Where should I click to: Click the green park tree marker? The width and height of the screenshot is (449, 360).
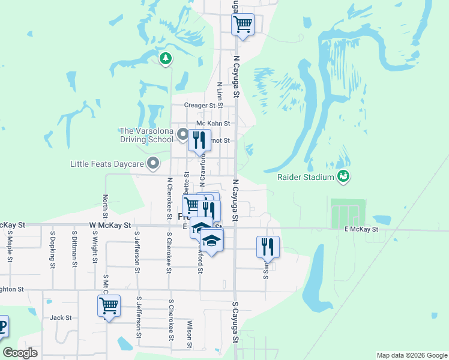point(166,58)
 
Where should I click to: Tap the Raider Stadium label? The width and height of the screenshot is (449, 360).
point(305,177)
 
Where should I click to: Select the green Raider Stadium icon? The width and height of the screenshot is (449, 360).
point(343,176)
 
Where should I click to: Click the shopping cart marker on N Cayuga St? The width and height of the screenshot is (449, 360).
point(243,25)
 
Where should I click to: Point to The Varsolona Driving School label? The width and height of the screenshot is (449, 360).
point(147,135)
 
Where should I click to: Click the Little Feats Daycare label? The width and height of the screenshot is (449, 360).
point(107,164)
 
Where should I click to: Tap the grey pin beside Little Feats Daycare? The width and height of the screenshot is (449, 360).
point(154,163)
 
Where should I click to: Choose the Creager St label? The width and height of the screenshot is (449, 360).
point(199,105)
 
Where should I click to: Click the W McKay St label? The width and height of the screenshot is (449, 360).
point(110,225)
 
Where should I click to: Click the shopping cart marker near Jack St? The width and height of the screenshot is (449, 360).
point(109,306)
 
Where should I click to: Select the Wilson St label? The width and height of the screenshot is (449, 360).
point(189,333)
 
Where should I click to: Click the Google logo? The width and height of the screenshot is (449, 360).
point(20,353)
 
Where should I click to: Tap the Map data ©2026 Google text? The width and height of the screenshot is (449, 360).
point(412,355)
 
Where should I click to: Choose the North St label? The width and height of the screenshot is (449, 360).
point(106,206)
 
